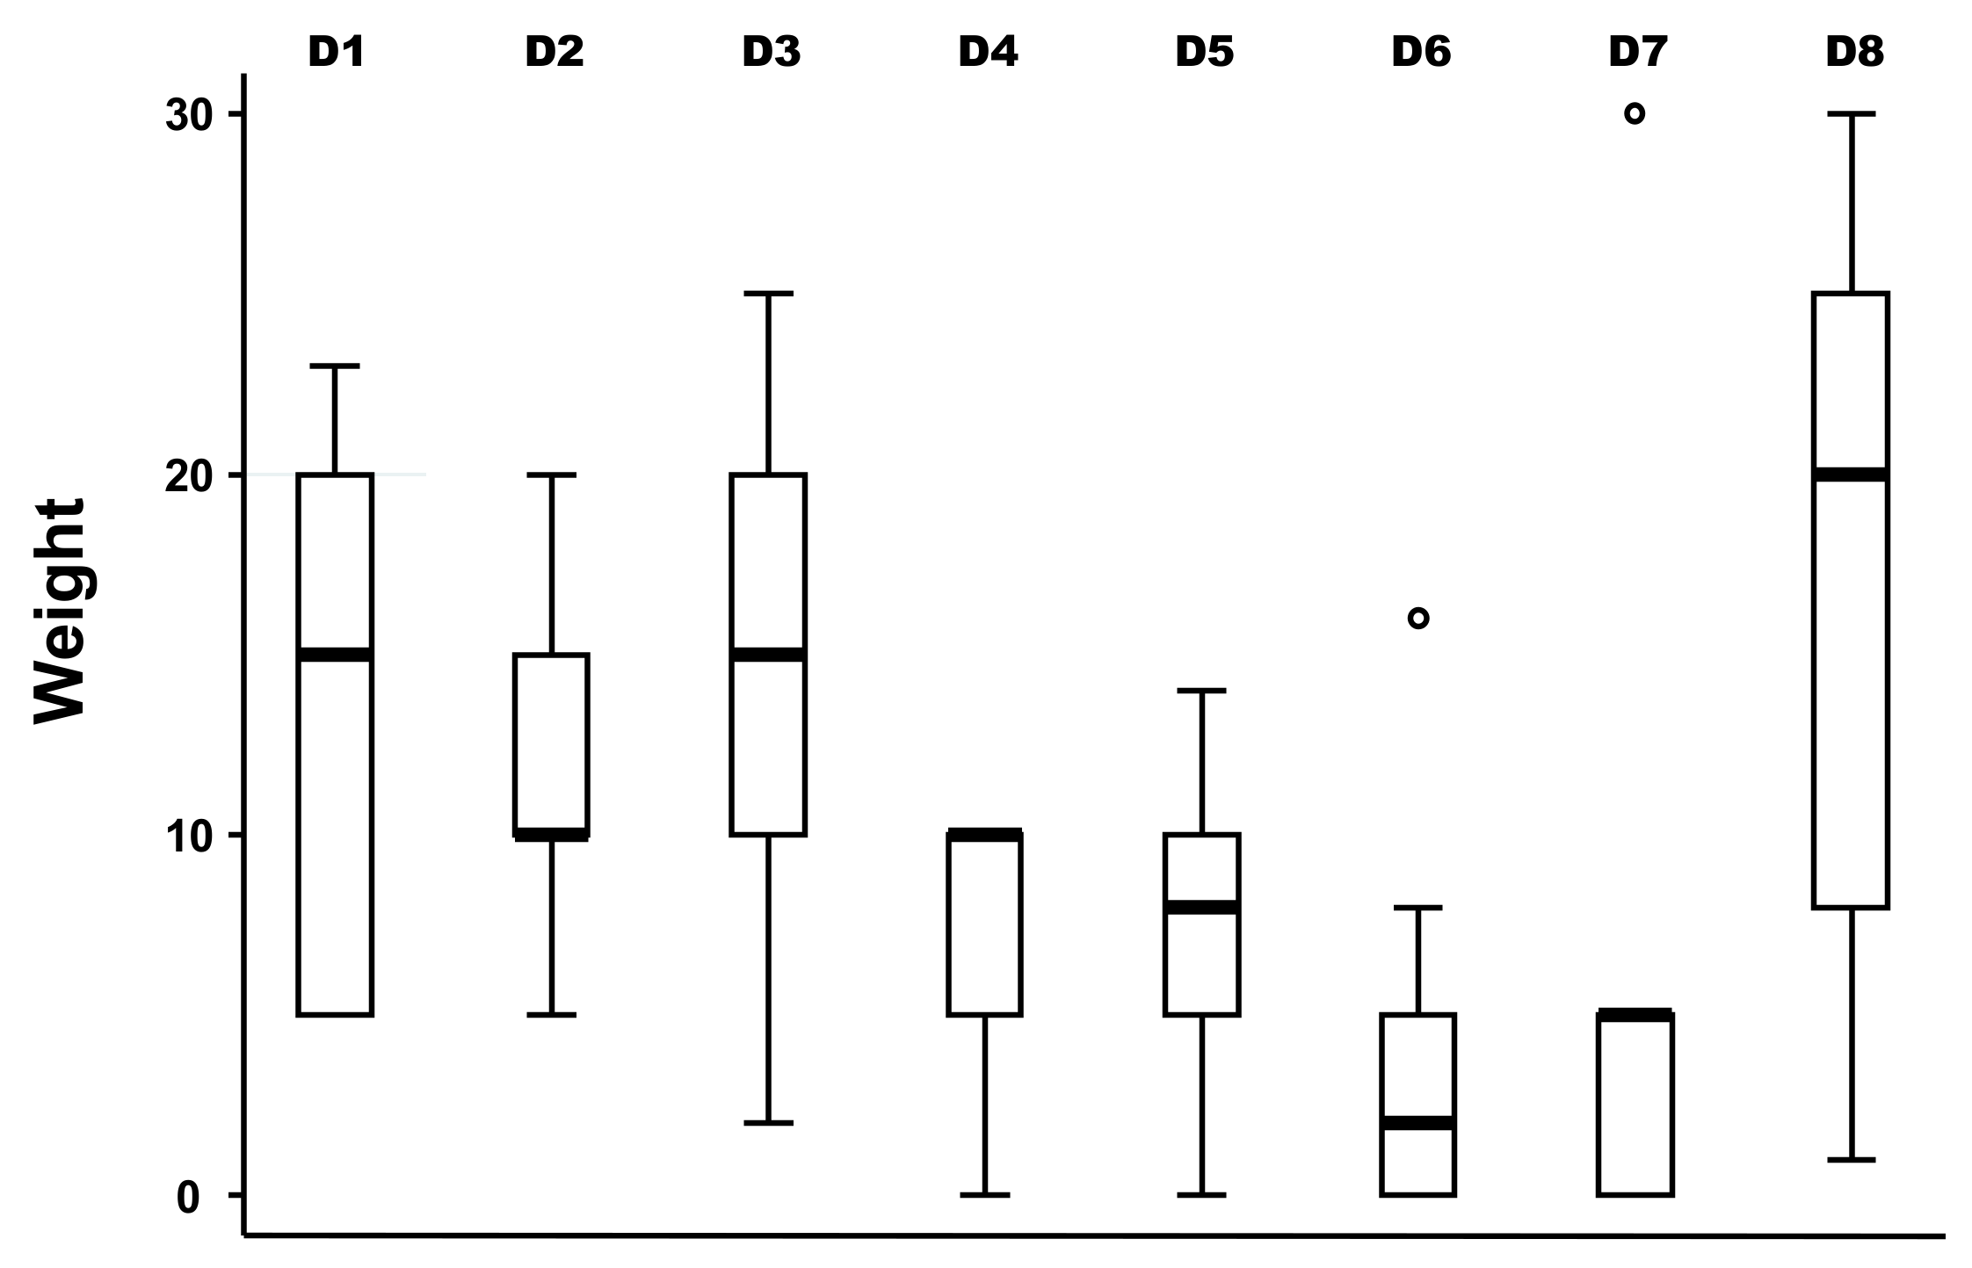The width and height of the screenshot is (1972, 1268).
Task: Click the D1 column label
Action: pyautogui.click(x=336, y=53)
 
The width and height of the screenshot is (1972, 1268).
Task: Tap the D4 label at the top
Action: pyautogui.click(x=987, y=53)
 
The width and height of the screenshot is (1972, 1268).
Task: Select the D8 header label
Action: pyautogui.click(x=1854, y=53)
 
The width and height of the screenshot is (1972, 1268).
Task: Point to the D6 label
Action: pyautogui.click(x=1420, y=53)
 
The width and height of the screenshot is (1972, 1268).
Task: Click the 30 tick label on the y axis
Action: pyautogui.click(x=191, y=115)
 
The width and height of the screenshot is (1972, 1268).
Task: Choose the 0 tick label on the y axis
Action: pyautogui.click(x=189, y=1197)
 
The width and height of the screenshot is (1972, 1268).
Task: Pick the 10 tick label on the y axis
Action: pyautogui.click(x=191, y=836)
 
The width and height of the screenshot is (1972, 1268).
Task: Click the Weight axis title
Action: pyautogui.click(x=60, y=612)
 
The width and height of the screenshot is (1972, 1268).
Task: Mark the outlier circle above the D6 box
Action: pyautogui.click(x=1418, y=619)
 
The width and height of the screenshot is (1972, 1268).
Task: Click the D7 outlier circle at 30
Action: pyautogui.click(x=1635, y=113)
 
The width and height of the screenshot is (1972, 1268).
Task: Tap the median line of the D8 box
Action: pyautogui.click(x=1851, y=475)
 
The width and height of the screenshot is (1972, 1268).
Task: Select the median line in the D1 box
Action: pyautogui.click(x=335, y=655)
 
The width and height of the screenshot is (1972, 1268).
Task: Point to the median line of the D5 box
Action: pyautogui.click(x=1201, y=907)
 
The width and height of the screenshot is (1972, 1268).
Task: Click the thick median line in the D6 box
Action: pyautogui.click(x=1418, y=1123)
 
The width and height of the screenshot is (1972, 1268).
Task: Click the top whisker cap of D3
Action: pyautogui.click(x=768, y=293)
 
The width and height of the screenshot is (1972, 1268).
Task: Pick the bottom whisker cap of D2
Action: pyautogui.click(x=552, y=1015)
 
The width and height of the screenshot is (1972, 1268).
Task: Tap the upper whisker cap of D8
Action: pyautogui.click(x=1851, y=114)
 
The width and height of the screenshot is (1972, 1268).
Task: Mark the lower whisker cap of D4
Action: pyautogui.click(x=984, y=1195)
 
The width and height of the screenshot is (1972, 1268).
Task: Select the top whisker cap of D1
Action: pyautogui.click(x=335, y=366)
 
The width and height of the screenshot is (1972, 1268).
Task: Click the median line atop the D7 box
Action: pyautogui.click(x=1635, y=1015)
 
